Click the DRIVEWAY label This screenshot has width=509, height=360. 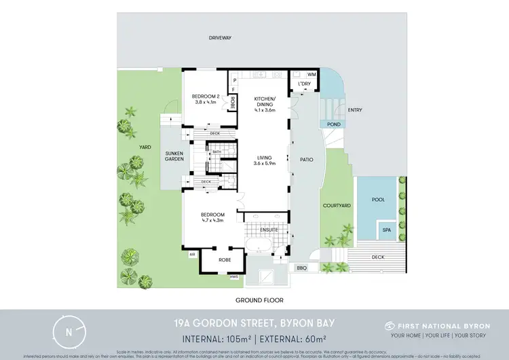click(220, 39)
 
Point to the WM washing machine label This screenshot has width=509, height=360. click(312, 74)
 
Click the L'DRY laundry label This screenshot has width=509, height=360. click(304, 84)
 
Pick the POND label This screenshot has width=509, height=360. click(333, 125)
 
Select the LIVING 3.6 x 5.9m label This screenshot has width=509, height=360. click(267, 160)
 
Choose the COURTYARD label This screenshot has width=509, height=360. click(336, 205)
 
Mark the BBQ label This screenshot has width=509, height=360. click(301, 269)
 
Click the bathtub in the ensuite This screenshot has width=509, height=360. click(263, 245)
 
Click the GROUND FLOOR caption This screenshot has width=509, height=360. click(259, 300)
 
